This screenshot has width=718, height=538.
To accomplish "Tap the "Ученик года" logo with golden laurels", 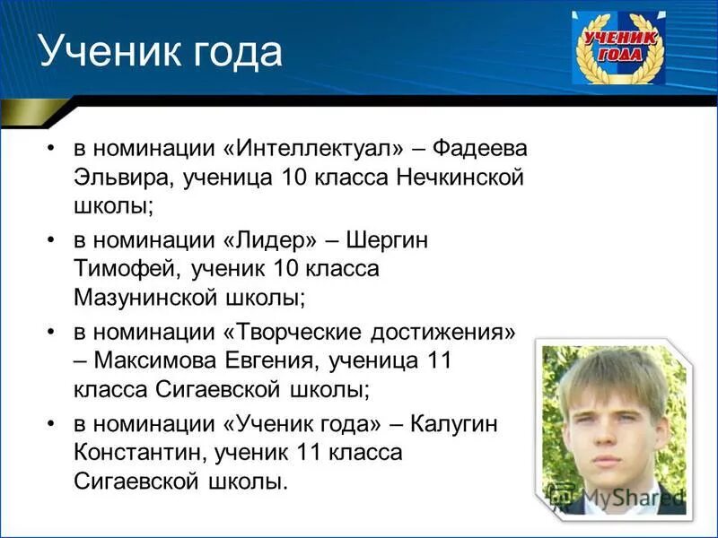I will click(x=619, y=48).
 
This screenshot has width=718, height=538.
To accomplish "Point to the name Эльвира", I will click(x=122, y=177).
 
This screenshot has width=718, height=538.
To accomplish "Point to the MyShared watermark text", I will click(x=619, y=495).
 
